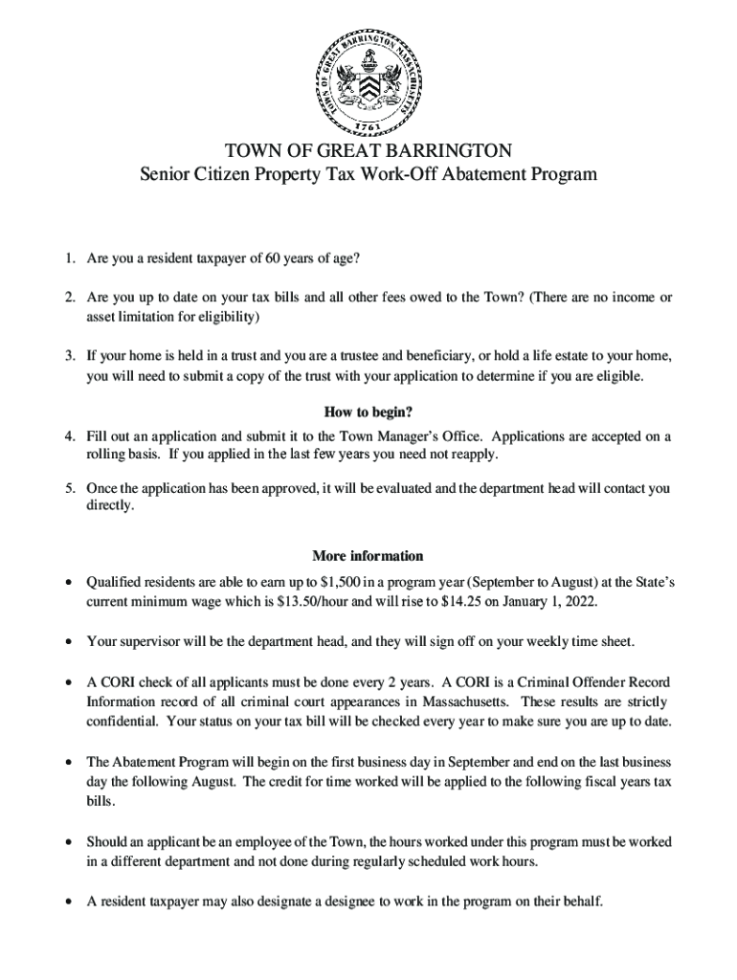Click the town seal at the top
[x=368, y=80]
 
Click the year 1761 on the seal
[x=368, y=126]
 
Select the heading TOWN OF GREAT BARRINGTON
[x=368, y=151]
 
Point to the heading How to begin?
[x=368, y=412]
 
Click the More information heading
[x=368, y=556]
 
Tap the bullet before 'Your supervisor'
[x=67, y=641]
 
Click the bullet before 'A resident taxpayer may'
[x=67, y=901]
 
